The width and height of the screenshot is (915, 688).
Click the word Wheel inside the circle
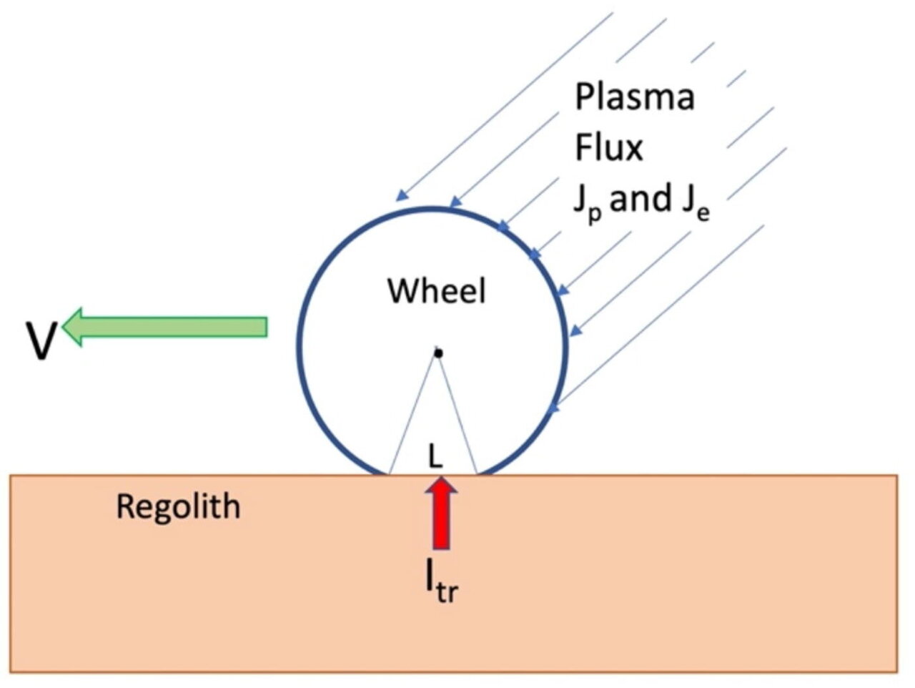point(436,291)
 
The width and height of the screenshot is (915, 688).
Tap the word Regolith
point(178,507)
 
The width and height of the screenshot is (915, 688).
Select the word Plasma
point(634,97)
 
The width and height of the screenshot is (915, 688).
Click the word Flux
point(608,147)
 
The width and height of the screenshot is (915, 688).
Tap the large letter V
point(41,340)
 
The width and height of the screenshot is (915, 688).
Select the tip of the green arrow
point(66,327)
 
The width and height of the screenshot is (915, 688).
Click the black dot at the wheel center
point(438,353)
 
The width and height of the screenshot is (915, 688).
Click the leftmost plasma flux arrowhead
point(402,195)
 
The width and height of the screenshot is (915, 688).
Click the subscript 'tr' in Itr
point(446,593)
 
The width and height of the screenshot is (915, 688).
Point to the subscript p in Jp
point(594,213)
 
